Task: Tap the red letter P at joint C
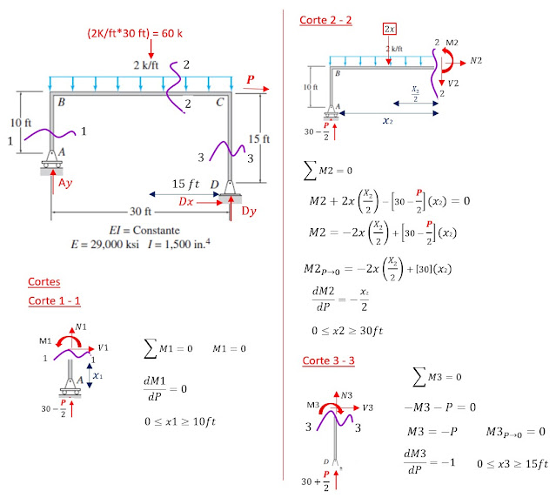(250, 79)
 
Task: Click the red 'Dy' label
(248, 210)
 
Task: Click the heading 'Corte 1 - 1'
(57, 299)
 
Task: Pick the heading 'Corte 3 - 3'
(327, 360)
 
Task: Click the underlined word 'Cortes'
(44, 282)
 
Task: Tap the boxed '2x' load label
(389, 29)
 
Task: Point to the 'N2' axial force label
(477, 60)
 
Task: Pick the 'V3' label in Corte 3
(367, 407)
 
